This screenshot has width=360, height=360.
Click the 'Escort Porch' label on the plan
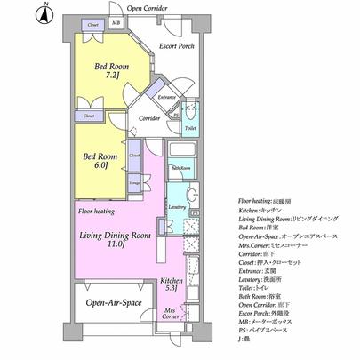point(176,46)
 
